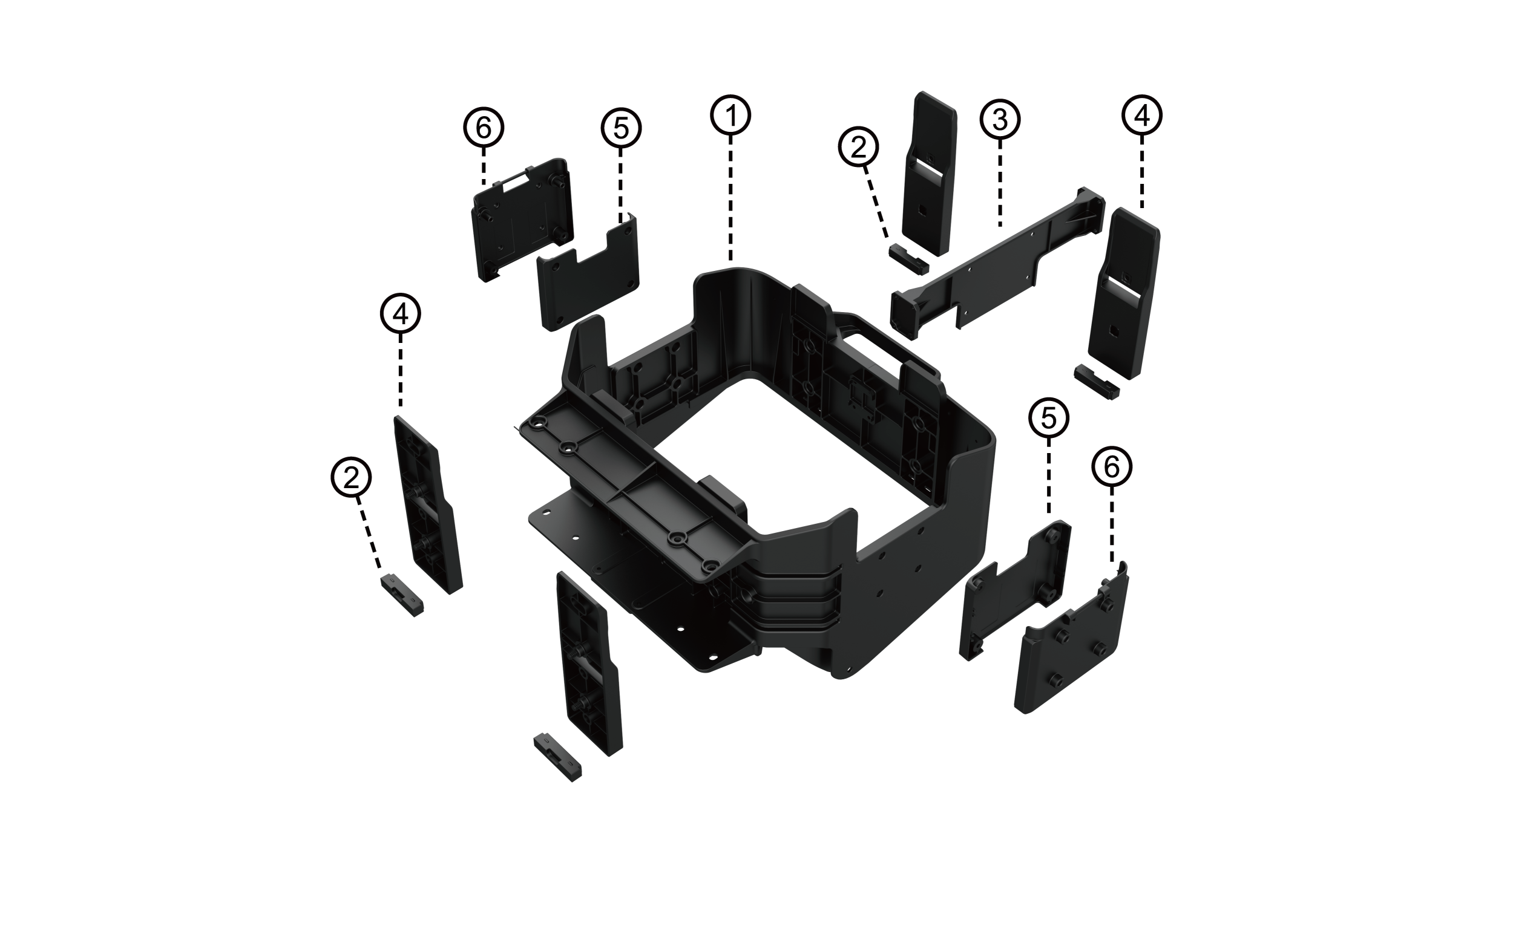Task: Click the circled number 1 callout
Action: coord(730,116)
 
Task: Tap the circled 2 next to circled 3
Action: coord(859,147)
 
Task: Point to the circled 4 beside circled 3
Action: coord(1143,117)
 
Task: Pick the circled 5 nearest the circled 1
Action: coord(622,129)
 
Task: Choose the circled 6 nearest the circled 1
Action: coord(484,129)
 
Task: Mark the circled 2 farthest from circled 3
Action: coord(351,478)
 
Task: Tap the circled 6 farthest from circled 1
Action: coord(1112,468)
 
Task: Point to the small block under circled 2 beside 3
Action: coord(909,259)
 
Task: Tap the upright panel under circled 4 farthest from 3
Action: coord(428,505)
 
